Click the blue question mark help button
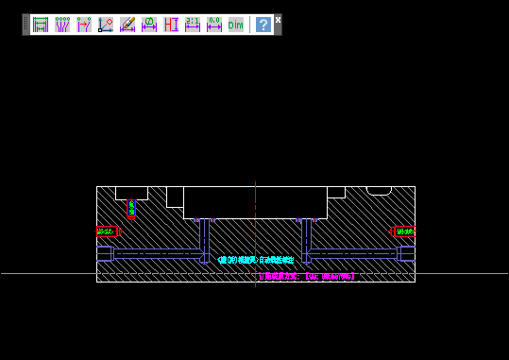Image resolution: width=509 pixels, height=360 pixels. click(263, 25)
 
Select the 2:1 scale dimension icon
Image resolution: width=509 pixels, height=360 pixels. click(193, 25)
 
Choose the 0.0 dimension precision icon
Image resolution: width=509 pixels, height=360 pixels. click(214, 25)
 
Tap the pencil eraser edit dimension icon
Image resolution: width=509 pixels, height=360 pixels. click(127, 25)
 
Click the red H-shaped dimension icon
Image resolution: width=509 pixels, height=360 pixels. click(171, 25)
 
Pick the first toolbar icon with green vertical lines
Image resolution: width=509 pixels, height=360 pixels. click(40, 25)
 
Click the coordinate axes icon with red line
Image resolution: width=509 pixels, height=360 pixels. click(106, 25)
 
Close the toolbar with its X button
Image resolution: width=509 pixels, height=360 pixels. click(279, 19)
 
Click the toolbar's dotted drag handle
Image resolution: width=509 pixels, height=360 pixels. click(25, 25)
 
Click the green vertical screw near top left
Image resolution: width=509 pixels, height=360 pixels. click(131, 207)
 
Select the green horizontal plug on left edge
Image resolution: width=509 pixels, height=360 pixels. click(107, 231)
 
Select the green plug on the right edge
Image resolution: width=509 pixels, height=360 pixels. click(405, 231)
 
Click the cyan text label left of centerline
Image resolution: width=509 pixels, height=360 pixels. click(236, 259)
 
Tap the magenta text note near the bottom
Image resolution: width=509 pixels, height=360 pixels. click(307, 277)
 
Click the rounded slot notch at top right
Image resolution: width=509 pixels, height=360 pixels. click(379, 191)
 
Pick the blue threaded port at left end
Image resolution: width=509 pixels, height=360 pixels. click(105, 253)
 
